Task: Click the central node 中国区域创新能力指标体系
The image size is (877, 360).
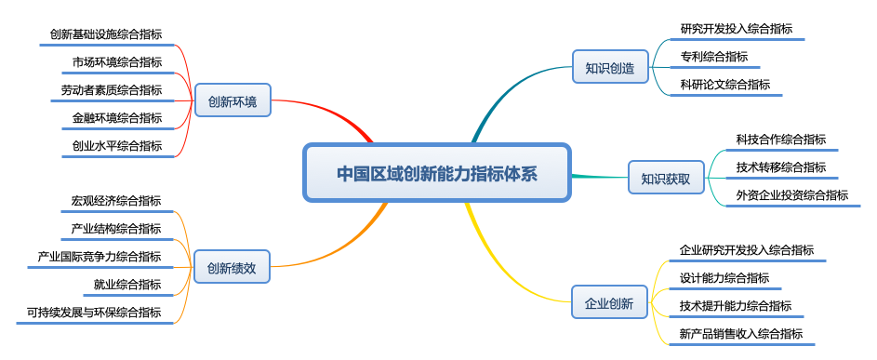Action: tap(436, 173)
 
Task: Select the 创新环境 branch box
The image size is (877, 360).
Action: tap(233, 101)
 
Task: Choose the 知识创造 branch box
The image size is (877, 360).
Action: tap(609, 68)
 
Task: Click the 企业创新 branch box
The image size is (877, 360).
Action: tap(609, 303)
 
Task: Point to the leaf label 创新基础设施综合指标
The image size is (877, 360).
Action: tap(106, 34)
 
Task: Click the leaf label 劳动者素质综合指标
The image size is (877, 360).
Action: tap(106, 90)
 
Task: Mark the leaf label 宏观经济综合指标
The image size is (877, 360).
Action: tap(116, 200)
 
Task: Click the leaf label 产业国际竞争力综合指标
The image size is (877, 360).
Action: tap(100, 256)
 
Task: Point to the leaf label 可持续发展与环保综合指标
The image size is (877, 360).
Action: tap(94, 312)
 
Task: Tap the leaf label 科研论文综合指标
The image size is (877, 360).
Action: tap(725, 84)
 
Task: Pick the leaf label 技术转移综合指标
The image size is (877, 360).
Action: tap(781, 167)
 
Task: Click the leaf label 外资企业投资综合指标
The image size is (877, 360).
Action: tap(792, 195)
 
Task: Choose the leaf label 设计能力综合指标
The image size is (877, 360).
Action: tap(724, 277)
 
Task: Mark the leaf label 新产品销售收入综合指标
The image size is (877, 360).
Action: tap(741, 334)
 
